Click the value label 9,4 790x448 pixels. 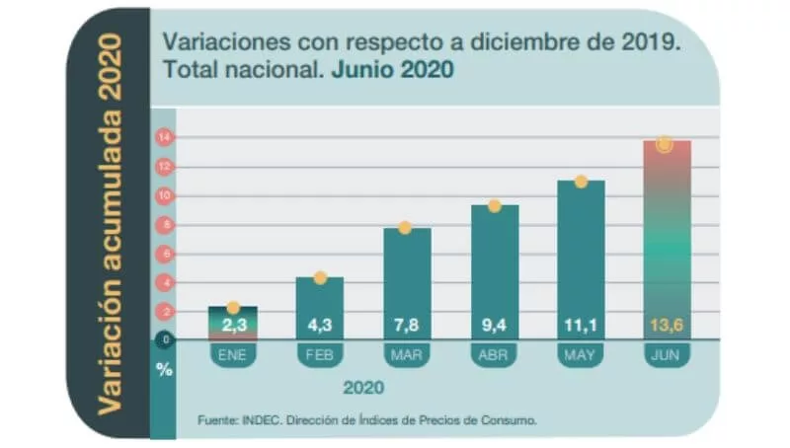coord(494,324)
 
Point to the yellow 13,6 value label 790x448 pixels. coord(666,324)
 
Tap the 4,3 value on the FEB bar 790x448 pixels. coord(319,324)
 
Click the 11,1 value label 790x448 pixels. coord(581,324)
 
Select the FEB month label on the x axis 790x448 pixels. coord(319,353)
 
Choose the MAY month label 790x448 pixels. coord(581,353)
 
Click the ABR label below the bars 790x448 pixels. coord(494,353)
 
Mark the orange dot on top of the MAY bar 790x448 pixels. coord(581,182)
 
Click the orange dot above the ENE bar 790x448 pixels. coord(233,308)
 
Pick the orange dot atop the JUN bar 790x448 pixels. coord(665,145)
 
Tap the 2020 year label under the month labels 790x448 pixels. coord(362,386)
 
